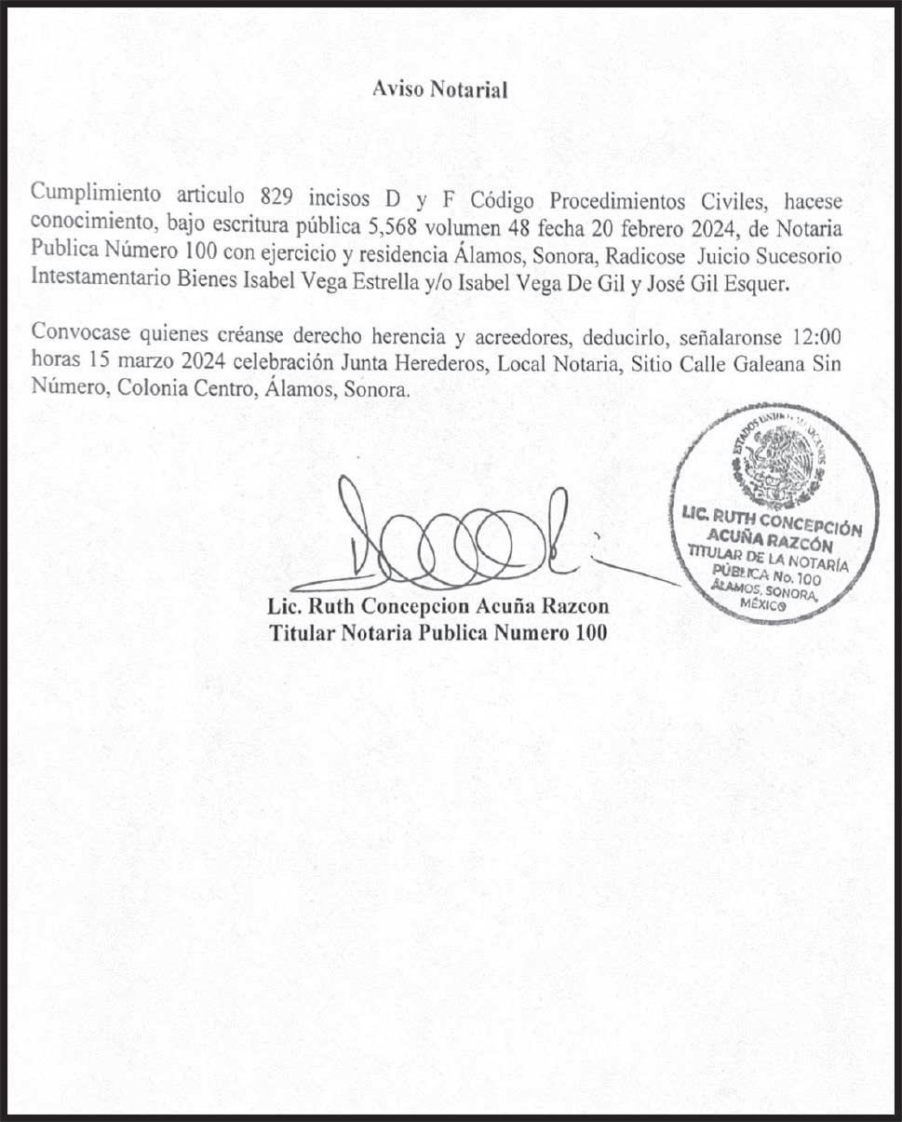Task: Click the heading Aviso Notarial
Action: (x=439, y=90)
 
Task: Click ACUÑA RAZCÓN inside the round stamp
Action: (x=769, y=538)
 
